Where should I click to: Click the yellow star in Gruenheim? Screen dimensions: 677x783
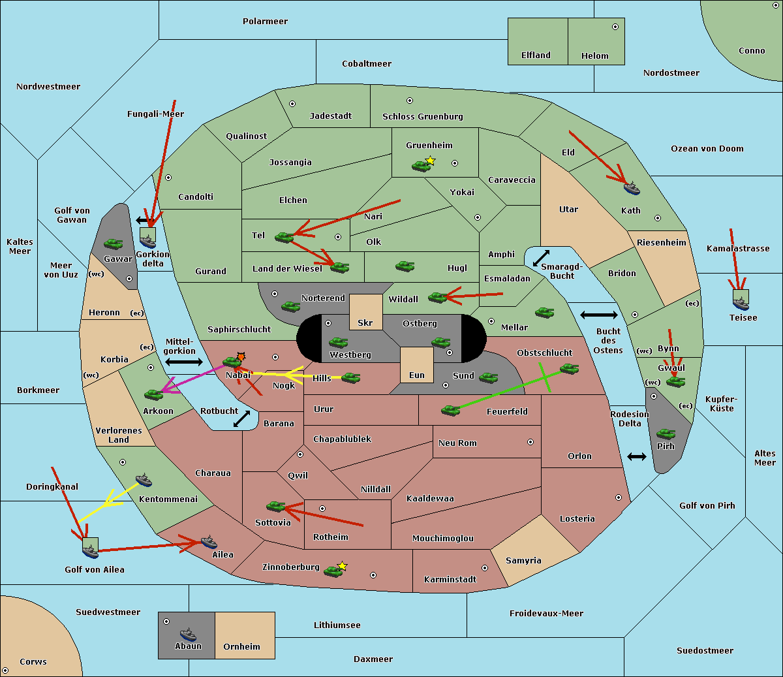coord(430,161)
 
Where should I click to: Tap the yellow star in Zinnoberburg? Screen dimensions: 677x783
coord(343,566)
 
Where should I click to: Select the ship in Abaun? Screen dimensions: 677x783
coord(188,635)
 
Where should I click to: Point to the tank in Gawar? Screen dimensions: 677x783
coord(114,244)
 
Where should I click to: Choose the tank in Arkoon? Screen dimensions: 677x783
coord(153,394)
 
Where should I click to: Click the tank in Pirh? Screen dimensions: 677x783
coord(666,434)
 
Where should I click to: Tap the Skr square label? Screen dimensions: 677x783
coord(365,323)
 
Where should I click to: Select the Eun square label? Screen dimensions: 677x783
coord(417,375)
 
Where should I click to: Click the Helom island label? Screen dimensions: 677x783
coord(595,56)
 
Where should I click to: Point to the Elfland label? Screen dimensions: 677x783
coord(536,55)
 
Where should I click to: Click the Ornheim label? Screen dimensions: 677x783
coord(241,646)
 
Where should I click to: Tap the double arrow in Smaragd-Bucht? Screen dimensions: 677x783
coord(542,258)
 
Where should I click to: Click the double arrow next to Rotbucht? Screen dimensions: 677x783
coord(242,419)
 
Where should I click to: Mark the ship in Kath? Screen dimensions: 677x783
coord(631,189)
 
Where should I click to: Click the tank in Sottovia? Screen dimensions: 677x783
coord(276,506)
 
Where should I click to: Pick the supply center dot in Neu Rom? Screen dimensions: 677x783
coord(530,442)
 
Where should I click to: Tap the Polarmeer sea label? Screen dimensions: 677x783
coord(265,22)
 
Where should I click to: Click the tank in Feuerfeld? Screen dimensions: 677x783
coord(450,410)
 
